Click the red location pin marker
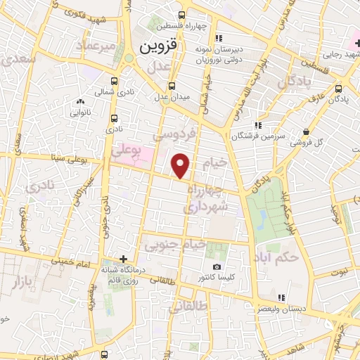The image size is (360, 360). pos(182,166)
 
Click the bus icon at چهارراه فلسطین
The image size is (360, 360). pos(182,15)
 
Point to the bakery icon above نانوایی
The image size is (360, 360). pos(79,103)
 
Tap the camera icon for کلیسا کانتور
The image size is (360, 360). pos(217,267)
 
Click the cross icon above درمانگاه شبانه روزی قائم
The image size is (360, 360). pos(124,259)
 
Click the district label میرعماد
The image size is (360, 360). pos(96,48)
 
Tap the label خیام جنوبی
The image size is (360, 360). pos(175,245)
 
